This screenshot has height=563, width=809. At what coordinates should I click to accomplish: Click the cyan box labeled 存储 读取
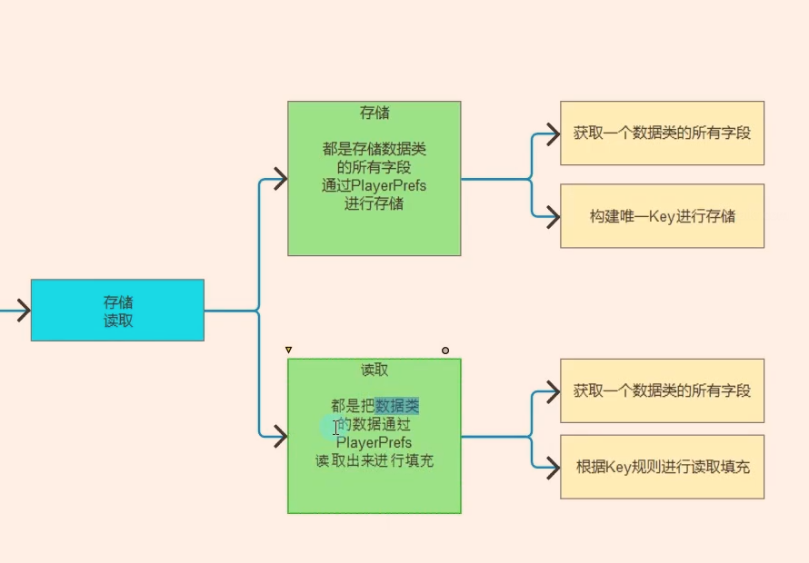(x=117, y=311)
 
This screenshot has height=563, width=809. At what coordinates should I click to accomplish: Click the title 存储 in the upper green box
(x=375, y=113)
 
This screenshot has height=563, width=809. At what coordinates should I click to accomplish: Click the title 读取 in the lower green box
(x=375, y=370)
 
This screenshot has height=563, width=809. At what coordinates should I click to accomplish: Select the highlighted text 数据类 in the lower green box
(x=397, y=406)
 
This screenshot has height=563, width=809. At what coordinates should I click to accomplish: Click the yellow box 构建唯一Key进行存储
(x=662, y=216)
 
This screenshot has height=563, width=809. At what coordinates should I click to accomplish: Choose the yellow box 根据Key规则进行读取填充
(x=662, y=467)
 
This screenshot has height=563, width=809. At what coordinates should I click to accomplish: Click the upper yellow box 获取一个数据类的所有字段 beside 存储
(x=662, y=133)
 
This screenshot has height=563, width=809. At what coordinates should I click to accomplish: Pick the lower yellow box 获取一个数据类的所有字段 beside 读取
(x=662, y=390)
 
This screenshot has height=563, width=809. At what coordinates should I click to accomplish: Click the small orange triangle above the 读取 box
(x=289, y=350)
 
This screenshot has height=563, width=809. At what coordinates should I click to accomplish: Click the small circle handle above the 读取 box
(x=445, y=350)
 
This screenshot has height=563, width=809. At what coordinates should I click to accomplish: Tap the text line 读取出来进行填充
(x=375, y=460)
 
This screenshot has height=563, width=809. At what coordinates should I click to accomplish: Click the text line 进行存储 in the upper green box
(x=375, y=203)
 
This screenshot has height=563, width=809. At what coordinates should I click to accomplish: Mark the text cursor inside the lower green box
(x=335, y=427)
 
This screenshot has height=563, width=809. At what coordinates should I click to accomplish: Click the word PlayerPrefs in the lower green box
(x=375, y=442)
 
